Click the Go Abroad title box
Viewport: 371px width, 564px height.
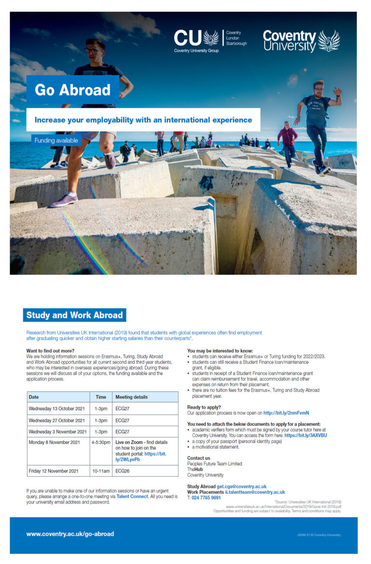click(x=72, y=90)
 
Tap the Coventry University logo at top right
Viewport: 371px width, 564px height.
click(x=301, y=41)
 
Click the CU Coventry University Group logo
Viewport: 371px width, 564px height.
click(x=210, y=41)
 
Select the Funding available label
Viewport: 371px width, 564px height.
click(x=56, y=140)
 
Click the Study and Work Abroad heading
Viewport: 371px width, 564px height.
click(x=74, y=315)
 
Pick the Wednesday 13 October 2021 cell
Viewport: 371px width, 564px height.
click(x=57, y=409)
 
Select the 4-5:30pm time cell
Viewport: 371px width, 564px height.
click(x=100, y=442)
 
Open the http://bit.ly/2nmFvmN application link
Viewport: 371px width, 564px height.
click(x=286, y=413)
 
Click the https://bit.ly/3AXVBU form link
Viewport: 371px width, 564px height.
click(x=305, y=435)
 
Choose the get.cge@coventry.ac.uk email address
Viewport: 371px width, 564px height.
click(x=242, y=486)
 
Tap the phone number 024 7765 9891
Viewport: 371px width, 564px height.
click(x=206, y=497)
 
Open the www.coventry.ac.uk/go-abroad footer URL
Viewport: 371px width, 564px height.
click(x=71, y=534)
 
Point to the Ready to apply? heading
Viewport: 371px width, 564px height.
click(x=204, y=407)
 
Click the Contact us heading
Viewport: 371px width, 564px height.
click(x=199, y=458)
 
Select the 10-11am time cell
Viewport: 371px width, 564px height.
click(x=100, y=471)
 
